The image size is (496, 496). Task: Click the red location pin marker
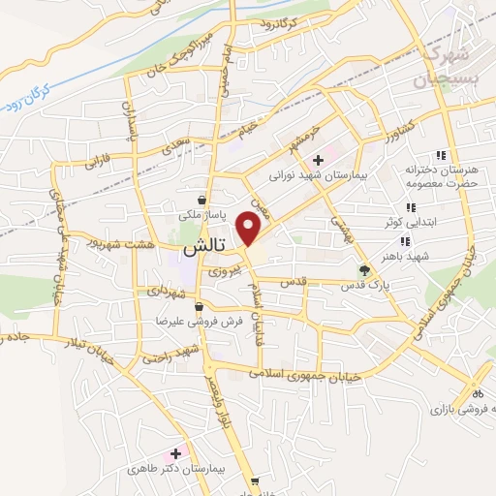pos(249,228)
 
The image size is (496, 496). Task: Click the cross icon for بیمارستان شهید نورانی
pos(318,160)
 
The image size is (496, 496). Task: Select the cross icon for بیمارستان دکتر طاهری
pos(175,453)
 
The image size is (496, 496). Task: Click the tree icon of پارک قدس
pos(364,270)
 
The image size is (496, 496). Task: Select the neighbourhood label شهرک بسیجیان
pos(447,65)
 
